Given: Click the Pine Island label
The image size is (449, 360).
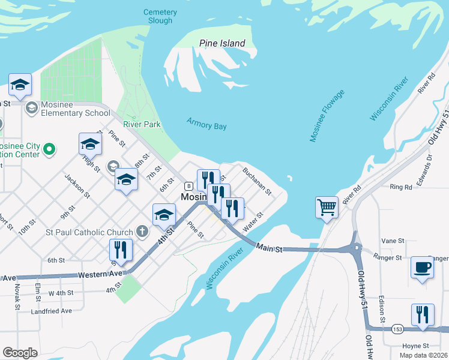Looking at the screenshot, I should point(222,43).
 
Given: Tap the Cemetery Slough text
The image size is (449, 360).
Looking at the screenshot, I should point(160,16).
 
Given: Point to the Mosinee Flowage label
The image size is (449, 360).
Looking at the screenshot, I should point(327,116).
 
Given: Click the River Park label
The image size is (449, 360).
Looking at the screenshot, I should point(142,124).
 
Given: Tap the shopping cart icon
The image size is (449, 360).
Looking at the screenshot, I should point(327,208).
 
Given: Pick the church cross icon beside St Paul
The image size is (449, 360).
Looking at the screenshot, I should point(142,230).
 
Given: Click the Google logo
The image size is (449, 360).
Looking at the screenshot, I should point(20,352).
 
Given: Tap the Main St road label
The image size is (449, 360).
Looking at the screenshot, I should point(269,247).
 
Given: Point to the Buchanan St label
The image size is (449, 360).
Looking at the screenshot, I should point(258,181).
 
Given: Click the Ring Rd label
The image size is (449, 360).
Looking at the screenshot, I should point(400,187).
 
